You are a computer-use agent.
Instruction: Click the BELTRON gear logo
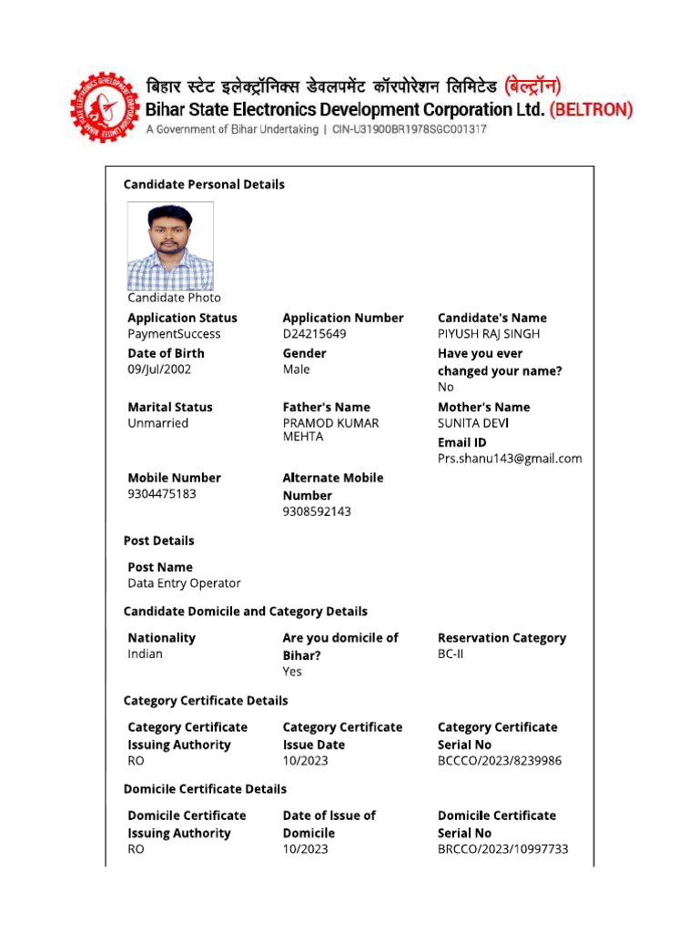[103, 106]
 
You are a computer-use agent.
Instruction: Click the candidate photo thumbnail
[170, 246]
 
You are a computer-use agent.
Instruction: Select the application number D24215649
[314, 334]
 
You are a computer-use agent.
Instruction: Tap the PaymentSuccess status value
[174, 334]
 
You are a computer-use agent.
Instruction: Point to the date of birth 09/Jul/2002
[159, 370]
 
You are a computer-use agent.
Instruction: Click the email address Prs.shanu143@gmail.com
[510, 459]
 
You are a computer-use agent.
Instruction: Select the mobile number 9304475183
[162, 494]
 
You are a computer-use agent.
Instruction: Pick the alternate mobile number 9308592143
[317, 512]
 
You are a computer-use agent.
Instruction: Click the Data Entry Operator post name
[184, 583]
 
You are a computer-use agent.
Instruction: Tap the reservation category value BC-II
[451, 654]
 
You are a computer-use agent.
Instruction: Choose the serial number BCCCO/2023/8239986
[500, 761]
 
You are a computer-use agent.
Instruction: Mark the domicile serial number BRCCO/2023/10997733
[502, 849]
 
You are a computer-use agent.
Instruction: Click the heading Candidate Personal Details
[204, 185]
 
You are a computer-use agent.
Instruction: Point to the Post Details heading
[158, 541]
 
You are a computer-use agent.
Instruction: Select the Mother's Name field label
[483, 407]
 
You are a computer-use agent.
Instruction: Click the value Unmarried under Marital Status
[158, 423]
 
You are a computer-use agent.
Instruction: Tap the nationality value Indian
[146, 654]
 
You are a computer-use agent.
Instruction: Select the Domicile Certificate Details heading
[205, 789]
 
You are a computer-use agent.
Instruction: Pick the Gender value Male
[296, 370]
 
